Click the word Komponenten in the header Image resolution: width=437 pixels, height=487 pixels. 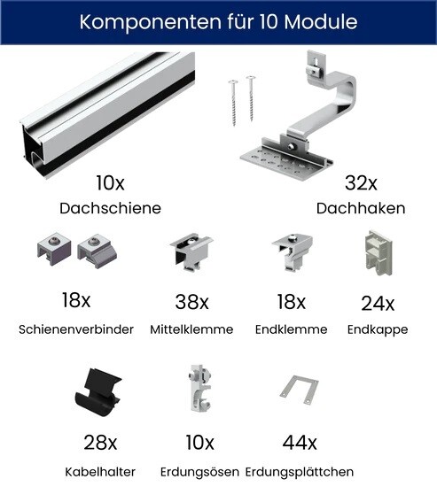(150, 22)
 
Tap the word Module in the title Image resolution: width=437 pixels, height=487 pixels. (321, 21)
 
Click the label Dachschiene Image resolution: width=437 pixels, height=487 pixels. (111, 208)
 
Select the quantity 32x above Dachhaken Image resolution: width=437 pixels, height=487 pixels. (361, 183)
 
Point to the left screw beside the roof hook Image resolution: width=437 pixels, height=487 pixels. (233, 103)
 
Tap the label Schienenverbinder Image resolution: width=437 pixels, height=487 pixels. (76, 329)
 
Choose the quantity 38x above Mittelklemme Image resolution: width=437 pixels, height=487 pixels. (191, 302)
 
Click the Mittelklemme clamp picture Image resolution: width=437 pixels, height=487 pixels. (191, 252)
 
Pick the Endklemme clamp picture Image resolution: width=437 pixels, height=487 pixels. (292, 251)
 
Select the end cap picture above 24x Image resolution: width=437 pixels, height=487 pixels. (378, 253)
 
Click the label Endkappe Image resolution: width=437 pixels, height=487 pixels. (378, 329)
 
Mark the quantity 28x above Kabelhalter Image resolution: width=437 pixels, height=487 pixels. (100, 442)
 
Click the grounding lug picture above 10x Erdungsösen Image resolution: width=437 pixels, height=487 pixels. (199, 388)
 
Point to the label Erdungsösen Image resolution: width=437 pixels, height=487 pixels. (199, 472)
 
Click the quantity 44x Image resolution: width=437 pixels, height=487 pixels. (300, 442)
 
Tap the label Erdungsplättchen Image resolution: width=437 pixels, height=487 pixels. (300, 472)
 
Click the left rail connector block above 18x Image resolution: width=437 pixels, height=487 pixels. (54, 249)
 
